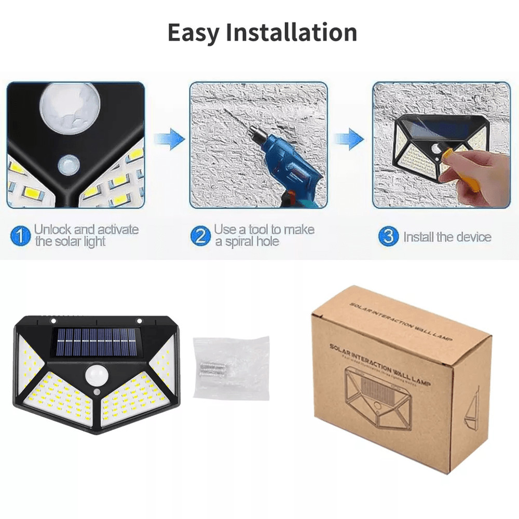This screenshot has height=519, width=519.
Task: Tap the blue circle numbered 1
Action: click(x=21, y=237)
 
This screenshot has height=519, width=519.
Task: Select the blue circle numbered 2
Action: click(x=200, y=237)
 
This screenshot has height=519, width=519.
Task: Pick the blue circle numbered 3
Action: click(x=388, y=237)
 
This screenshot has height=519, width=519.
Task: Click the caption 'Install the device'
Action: click(x=447, y=237)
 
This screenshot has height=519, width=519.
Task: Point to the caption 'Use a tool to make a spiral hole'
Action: click(x=264, y=235)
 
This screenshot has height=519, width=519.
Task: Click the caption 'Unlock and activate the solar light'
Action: click(x=86, y=235)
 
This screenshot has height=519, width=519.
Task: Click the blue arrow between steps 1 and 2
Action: click(x=169, y=139)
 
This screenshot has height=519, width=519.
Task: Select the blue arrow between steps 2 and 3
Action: click(x=348, y=139)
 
